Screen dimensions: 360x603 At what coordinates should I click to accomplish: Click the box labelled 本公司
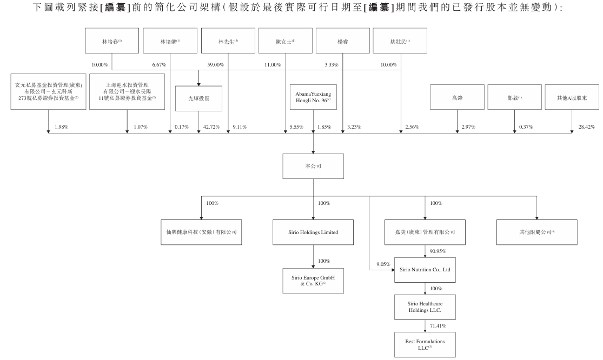coord(313,166)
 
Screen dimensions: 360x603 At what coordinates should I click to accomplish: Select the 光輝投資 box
coord(198,98)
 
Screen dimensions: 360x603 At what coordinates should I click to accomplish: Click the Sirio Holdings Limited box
coord(313,232)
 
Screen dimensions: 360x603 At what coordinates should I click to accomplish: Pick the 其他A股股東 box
coord(572,98)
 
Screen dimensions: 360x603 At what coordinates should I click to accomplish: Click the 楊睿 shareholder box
coord(342,41)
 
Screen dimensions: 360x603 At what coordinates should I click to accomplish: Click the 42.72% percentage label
coord(210,127)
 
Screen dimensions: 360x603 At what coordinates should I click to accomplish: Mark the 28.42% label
coord(586,127)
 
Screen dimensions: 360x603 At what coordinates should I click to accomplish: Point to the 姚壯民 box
coord(400,41)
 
